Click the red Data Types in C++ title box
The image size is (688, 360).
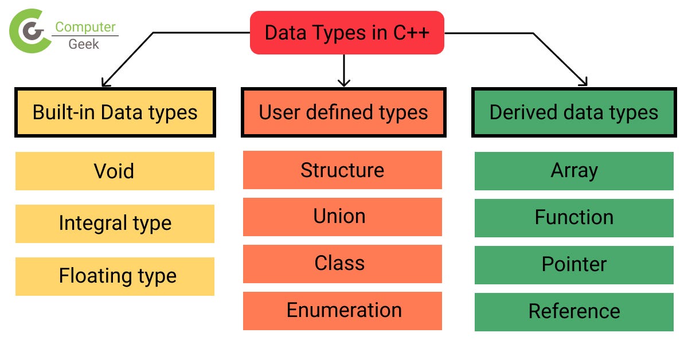point(347,33)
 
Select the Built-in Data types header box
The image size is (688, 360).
point(115,112)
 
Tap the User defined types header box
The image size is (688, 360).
point(343,112)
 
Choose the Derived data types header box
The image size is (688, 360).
point(573,112)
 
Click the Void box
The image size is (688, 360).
point(115,171)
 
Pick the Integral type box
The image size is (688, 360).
point(115,224)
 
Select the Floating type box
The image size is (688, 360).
point(115,276)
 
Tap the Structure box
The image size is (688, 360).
point(342,170)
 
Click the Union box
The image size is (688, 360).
point(342,217)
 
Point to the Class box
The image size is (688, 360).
point(342,264)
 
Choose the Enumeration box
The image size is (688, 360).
point(342,311)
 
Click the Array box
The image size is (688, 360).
point(574,171)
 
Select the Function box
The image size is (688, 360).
point(574,218)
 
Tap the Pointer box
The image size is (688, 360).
point(574,265)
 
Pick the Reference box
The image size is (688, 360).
point(574,312)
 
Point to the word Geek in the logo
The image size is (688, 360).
point(84,44)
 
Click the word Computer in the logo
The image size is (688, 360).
point(85,27)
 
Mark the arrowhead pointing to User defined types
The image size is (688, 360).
point(343,81)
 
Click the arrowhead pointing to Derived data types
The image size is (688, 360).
point(584,81)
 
